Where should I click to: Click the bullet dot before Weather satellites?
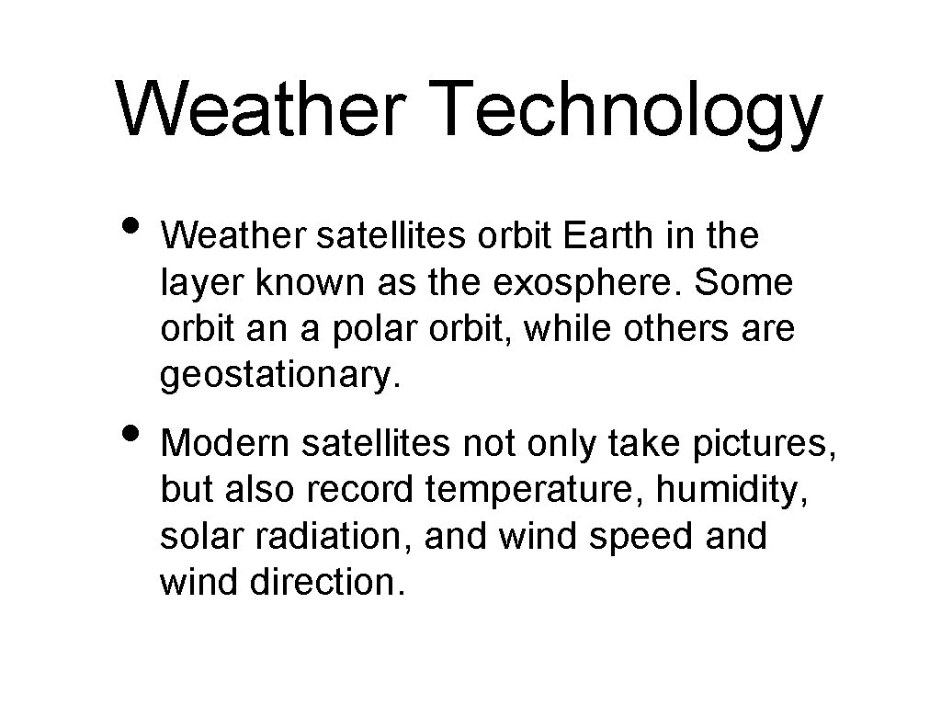click(x=131, y=228)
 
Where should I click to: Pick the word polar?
click(x=349, y=329)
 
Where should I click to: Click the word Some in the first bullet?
click(x=743, y=283)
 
